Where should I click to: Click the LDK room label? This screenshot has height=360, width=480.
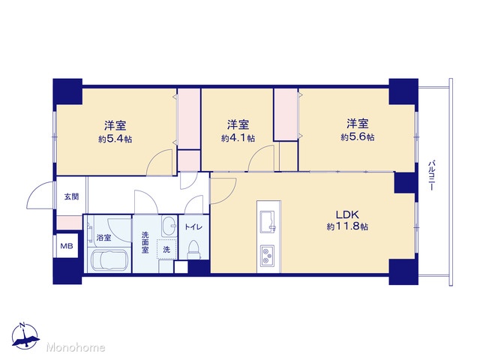347,214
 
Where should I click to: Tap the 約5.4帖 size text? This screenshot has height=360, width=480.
115,139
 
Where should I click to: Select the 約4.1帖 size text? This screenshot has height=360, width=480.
238,138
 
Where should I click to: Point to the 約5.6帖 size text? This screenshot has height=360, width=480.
358,137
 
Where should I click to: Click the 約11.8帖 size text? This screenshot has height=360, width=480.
347,226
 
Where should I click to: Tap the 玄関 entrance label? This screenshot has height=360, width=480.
71,196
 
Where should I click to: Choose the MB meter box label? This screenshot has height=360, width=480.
67,245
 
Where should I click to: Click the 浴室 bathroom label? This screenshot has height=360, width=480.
103,238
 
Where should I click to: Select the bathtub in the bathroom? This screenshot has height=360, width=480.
109,260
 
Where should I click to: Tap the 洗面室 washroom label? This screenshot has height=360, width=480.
145,242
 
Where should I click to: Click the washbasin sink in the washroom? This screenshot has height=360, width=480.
169,226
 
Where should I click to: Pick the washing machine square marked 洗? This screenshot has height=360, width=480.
166,250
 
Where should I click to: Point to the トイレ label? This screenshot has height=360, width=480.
193,226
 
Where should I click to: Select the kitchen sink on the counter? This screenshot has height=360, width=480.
268,220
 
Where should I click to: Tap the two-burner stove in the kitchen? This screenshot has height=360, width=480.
268,256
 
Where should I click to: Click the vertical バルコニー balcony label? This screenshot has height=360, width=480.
431,175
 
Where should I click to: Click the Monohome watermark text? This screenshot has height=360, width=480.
76,347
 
